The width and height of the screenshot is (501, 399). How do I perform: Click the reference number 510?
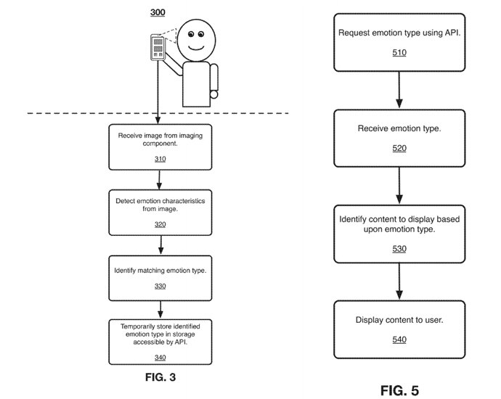[399, 53]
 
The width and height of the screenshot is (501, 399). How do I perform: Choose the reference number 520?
[399, 148]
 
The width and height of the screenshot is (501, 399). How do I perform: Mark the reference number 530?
[399, 248]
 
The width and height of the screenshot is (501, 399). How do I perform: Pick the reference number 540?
[399, 339]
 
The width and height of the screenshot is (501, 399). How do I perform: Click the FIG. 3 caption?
[160, 377]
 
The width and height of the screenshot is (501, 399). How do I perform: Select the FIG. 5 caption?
[399, 391]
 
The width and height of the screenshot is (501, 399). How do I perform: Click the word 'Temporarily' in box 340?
[137, 326]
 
